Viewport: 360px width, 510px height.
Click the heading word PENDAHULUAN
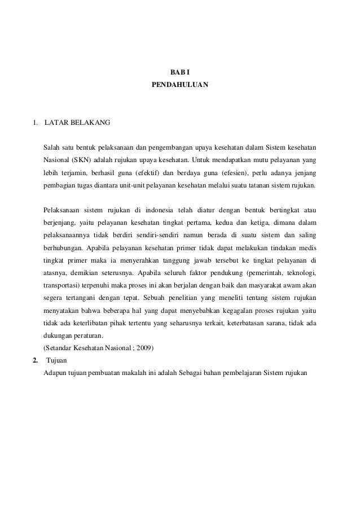click(x=180, y=85)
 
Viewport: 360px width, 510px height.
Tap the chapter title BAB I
click(x=180, y=72)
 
